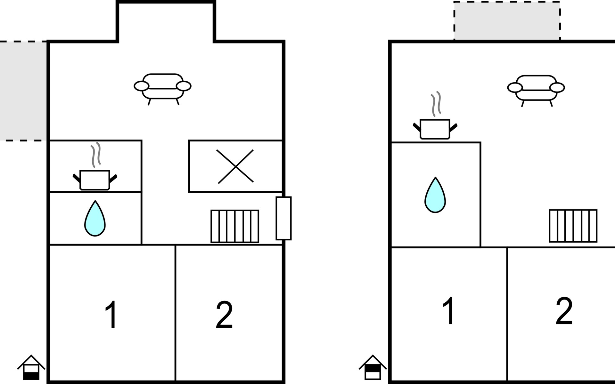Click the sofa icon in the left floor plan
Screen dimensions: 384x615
point(163,87)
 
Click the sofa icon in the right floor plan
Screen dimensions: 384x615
point(536,89)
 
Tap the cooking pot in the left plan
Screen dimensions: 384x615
point(95,180)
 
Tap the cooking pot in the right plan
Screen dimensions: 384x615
point(435,129)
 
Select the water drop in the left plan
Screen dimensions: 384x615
point(95,220)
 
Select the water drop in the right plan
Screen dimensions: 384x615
point(435,196)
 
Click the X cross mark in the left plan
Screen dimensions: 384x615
point(235,166)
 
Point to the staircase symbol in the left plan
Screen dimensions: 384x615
point(235,226)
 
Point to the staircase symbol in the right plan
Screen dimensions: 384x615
point(573,226)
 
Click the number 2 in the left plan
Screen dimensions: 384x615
point(224,315)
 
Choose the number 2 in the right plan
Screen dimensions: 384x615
point(564,311)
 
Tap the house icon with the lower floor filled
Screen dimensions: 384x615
point(31,368)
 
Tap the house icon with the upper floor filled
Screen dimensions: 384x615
point(373,368)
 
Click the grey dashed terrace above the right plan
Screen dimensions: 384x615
point(507,21)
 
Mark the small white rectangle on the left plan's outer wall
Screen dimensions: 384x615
point(283,218)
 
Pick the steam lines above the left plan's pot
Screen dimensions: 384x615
point(96,155)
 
